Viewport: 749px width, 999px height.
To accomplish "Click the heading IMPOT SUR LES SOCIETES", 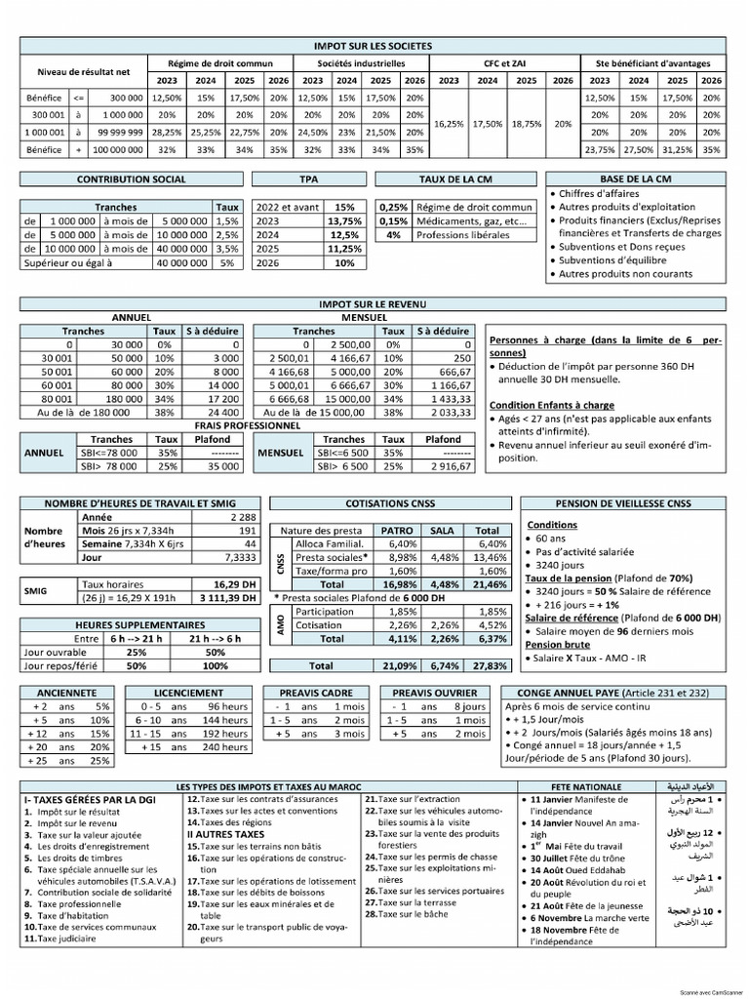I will [374, 46].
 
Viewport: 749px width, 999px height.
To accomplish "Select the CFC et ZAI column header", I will [503, 63].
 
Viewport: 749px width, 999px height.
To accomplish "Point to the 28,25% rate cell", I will [167, 133].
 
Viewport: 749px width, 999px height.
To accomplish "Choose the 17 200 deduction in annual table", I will [223, 399].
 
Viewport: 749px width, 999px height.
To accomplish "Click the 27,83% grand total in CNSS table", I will [488, 665].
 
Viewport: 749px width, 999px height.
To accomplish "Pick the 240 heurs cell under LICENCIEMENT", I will [227, 747].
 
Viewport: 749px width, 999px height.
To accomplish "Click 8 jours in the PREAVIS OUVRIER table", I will [471, 706].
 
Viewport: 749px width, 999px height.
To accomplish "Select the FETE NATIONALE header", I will [576, 785].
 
